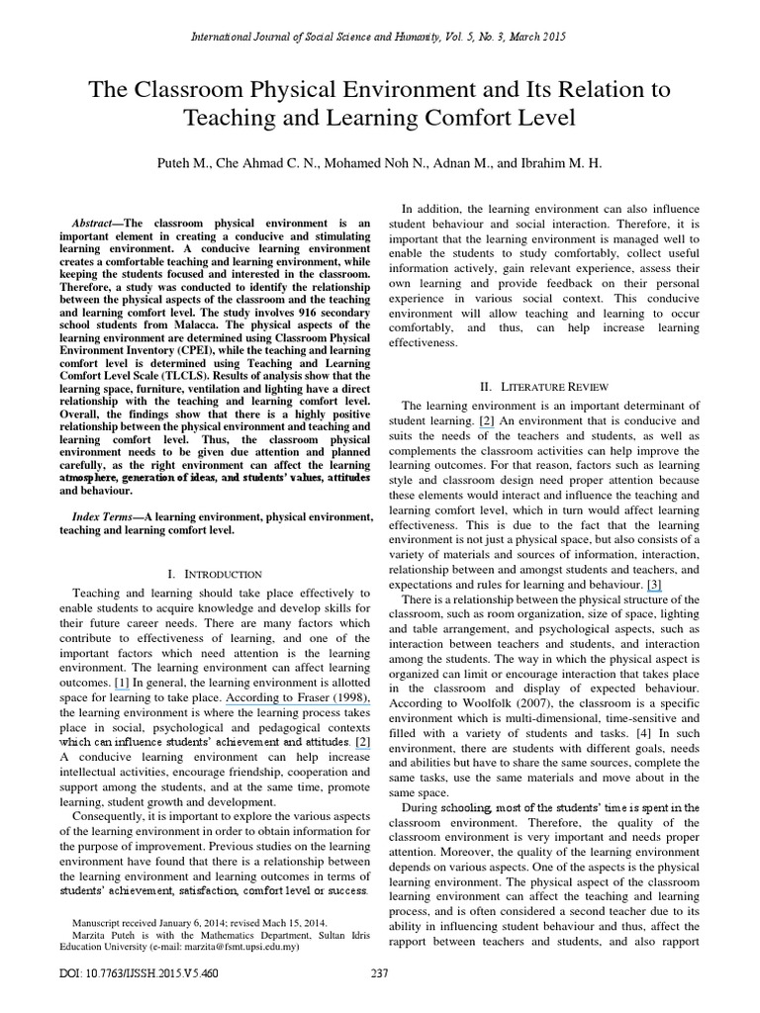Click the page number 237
pos(379,973)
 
